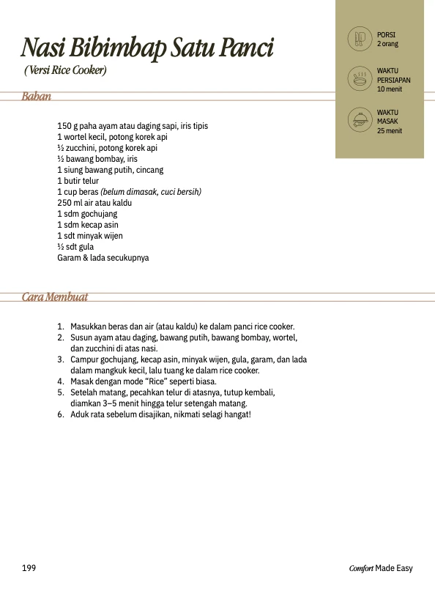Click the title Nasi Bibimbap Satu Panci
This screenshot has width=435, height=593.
(x=146, y=48)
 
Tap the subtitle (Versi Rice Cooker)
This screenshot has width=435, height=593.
(x=65, y=71)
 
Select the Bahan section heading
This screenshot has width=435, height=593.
(x=37, y=97)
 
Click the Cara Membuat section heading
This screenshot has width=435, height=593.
(x=55, y=296)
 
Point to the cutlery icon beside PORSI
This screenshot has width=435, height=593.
(x=359, y=39)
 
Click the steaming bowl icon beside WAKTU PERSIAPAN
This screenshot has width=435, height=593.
(x=359, y=79)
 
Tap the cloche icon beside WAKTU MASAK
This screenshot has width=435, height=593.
(x=359, y=120)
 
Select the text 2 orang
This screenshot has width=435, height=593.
(x=387, y=44)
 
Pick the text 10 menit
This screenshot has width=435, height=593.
(x=389, y=89)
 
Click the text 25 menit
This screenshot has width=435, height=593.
(x=389, y=131)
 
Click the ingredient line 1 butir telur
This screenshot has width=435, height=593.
(x=78, y=181)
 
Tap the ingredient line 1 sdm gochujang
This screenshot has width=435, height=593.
(x=87, y=214)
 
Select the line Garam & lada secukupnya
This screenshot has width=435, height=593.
(x=103, y=258)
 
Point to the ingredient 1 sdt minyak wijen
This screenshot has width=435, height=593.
(x=90, y=236)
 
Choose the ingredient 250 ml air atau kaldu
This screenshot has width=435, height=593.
(x=94, y=203)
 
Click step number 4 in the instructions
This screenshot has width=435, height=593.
(x=60, y=381)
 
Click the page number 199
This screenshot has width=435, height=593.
(x=29, y=568)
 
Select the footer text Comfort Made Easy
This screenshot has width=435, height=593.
(x=381, y=568)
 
